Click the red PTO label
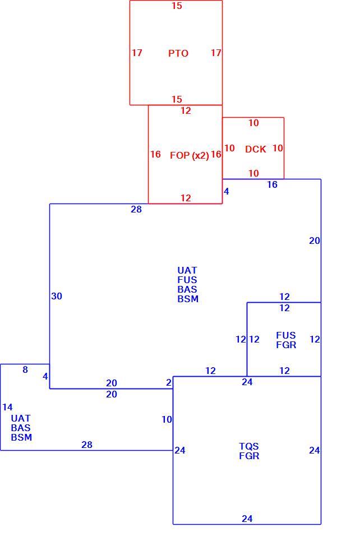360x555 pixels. pyautogui.click(x=178, y=53)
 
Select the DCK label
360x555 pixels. pyautogui.click(x=255, y=149)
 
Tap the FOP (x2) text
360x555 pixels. pyautogui.click(x=190, y=155)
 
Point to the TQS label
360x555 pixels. pyautogui.click(x=249, y=446)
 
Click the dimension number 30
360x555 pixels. pyautogui.click(x=57, y=296)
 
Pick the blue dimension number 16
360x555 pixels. pyautogui.click(x=272, y=184)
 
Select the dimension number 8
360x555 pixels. pyautogui.click(x=25, y=369)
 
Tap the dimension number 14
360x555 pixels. pyautogui.click(x=7, y=407)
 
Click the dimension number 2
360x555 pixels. pyautogui.click(x=169, y=383)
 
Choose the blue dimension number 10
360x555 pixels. pyautogui.click(x=167, y=419)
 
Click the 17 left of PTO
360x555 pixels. pyautogui.click(x=137, y=53)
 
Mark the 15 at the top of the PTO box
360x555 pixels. pyautogui.click(x=177, y=6)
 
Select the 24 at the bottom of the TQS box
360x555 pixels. pyautogui.click(x=247, y=519)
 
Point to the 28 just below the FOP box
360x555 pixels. pyautogui.click(x=136, y=209)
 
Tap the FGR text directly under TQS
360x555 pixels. pyautogui.click(x=249, y=456)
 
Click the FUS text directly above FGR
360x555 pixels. pyautogui.click(x=286, y=335)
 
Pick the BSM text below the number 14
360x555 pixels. pyautogui.click(x=22, y=437)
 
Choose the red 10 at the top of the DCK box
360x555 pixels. pyautogui.click(x=253, y=123)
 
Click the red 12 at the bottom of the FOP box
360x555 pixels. pyautogui.click(x=186, y=198)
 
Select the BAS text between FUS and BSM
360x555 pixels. pyautogui.click(x=187, y=289)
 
